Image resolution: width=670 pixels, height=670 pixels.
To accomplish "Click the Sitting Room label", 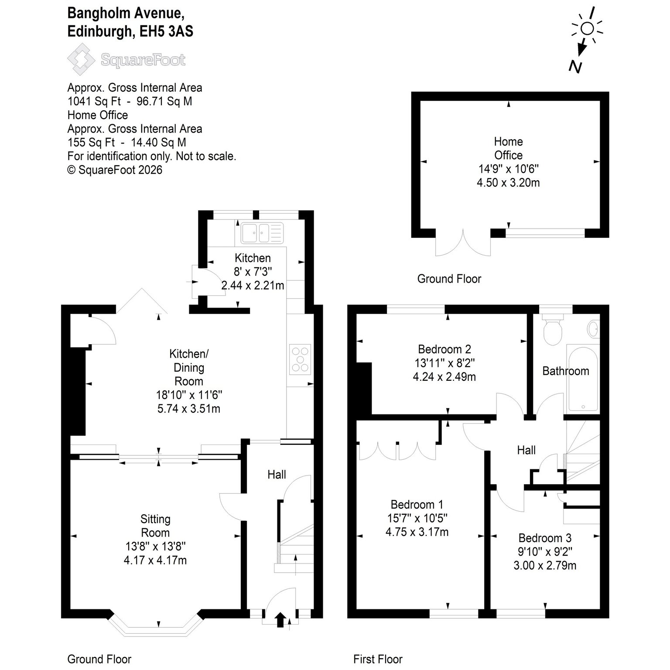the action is [155, 526].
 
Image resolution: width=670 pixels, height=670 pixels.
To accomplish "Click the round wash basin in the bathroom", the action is [593, 329].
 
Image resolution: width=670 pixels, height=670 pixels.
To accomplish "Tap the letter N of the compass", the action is [575, 67].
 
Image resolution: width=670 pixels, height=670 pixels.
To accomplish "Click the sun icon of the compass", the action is [587, 29].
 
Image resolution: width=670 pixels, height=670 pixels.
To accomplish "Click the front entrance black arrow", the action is [280, 619].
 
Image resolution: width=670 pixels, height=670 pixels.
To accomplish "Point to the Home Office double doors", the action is [463, 244].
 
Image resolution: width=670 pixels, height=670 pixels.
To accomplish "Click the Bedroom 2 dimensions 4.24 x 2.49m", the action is [444, 376].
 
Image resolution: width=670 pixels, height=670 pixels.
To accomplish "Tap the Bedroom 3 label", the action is [545, 538].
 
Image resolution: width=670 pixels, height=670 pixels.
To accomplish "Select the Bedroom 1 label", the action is [417, 505].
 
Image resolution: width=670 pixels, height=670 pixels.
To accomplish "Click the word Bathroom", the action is [566, 371].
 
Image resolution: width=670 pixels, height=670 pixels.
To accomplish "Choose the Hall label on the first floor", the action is [526, 450].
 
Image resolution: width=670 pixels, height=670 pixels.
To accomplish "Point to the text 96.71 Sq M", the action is [164, 101].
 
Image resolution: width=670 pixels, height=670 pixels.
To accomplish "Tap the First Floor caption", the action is [378, 659].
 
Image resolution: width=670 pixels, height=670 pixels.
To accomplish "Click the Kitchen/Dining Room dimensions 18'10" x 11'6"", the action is [189, 395].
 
